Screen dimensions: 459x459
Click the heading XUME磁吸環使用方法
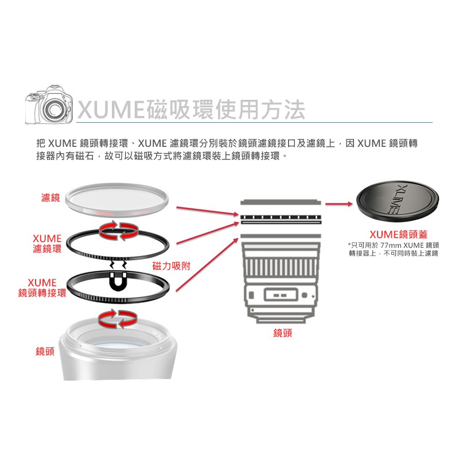click(x=192, y=110)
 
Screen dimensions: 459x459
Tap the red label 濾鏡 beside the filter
click(x=50, y=198)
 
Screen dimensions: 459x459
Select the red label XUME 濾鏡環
click(x=47, y=243)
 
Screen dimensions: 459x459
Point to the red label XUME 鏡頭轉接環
click(x=42, y=288)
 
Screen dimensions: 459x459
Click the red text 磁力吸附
click(x=172, y=266)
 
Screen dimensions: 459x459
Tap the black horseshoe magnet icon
click(x=118, y=282)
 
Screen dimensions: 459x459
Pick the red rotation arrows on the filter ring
click(x=119, y=231)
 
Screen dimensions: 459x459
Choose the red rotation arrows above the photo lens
click(x=118, y=319)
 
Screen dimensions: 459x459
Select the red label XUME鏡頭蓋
click(x=398, y=235)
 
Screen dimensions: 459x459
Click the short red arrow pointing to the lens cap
click(x=339, y=204)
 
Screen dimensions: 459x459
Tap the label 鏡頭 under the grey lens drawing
click(x=282, y=333)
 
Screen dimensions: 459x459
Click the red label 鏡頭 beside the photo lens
click(x=45, y=351)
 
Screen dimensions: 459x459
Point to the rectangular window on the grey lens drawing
click(x=281, y=295)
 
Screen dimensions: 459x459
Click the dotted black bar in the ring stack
click(x=281, y=217)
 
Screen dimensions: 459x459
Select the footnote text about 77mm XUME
click(x=394, y=249)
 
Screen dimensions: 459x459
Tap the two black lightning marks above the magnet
click(x=118, y=264)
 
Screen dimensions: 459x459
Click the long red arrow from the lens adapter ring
click(x=207, y=264)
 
